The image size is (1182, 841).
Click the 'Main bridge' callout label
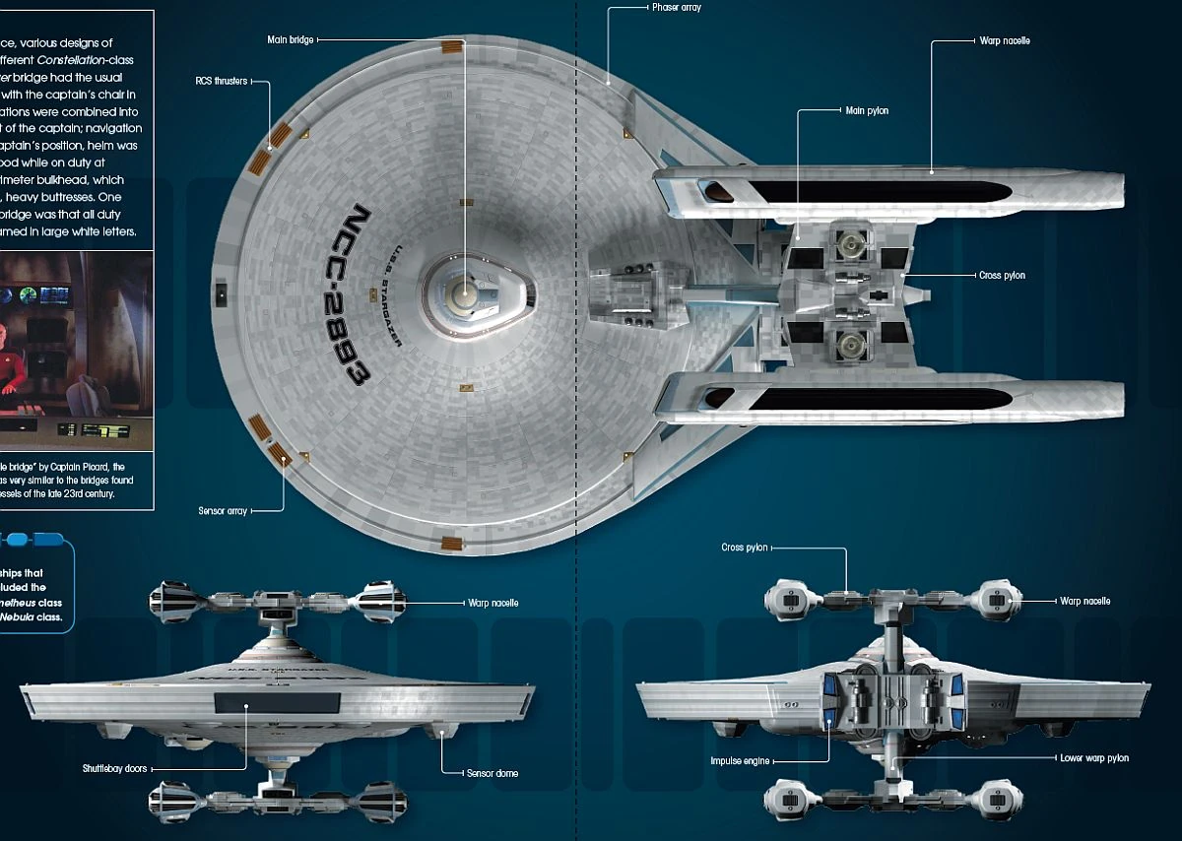(291, 40)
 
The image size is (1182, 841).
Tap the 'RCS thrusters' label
(221, 81)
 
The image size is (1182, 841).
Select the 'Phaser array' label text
(676, 8)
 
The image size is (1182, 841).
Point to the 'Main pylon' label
(867, 110)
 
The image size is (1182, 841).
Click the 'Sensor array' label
(223, 510)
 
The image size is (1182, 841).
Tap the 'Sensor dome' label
(492, 773)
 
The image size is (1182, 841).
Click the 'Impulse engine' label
(740, 761)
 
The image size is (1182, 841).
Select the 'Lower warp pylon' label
(1093, 758)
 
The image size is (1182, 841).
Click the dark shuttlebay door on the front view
(277, 702)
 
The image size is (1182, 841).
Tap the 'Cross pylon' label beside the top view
(1002, 276)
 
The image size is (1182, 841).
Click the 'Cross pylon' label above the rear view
(745, 548)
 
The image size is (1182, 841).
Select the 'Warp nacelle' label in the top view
(1005, 41)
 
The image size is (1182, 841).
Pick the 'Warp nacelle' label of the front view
(492, 602)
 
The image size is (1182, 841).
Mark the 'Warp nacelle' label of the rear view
(1084, 601)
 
